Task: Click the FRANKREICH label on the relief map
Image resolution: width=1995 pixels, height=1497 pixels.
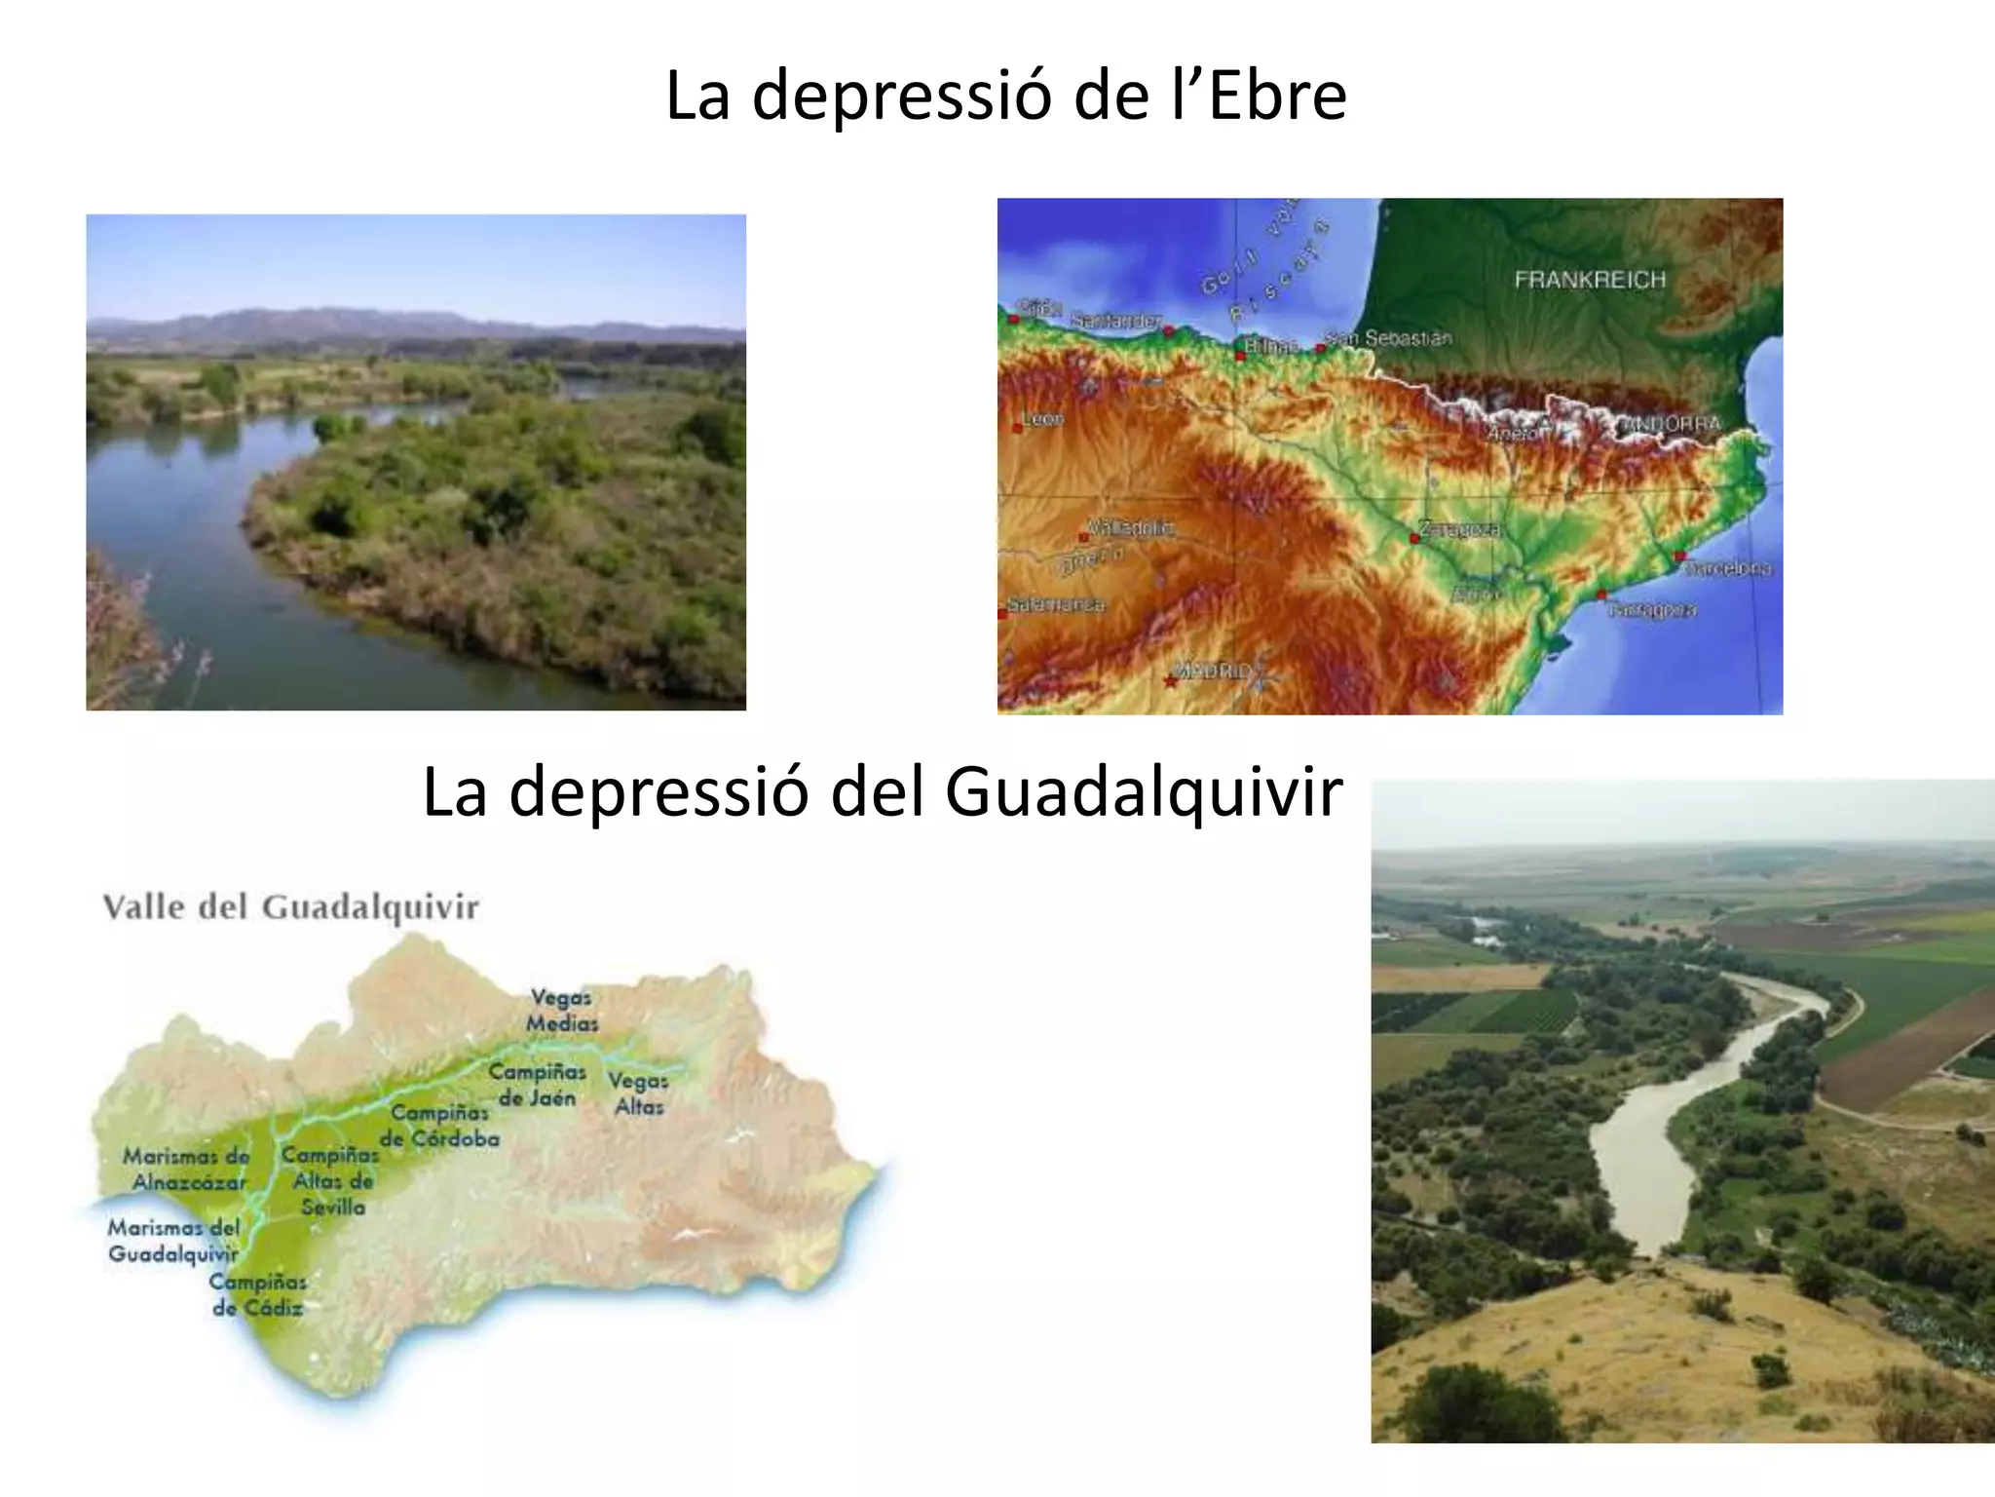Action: [1590, 280]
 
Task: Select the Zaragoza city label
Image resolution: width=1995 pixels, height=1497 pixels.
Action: [1459, 529]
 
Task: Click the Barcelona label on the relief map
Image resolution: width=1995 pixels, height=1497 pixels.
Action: [1728, 567]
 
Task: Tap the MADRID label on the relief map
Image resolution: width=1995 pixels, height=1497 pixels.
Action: [1212, 671]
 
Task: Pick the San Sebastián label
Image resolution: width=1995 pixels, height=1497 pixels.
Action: [1389, 338]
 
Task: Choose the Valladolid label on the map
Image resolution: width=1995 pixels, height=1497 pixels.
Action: [1130, 527]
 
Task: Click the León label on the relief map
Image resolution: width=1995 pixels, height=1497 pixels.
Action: [1042, 419]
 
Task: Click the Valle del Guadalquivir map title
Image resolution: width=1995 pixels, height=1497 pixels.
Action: [291, 907]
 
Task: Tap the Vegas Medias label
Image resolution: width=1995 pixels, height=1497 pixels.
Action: [562, 1011]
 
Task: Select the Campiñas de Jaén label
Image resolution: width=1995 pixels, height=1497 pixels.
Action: [537, 1085]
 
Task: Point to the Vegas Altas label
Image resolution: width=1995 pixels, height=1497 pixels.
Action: [638, 1094]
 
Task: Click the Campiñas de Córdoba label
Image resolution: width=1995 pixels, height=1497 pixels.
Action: [439, 1126]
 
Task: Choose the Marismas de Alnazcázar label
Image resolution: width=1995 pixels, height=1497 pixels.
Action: [186, 1169]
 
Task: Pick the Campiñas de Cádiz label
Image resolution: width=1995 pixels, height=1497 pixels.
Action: [258, 1295]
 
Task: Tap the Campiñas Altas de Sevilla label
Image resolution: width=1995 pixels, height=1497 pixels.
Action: [331, 1180]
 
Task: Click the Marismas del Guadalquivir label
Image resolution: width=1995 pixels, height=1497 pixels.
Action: [173, 1241]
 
